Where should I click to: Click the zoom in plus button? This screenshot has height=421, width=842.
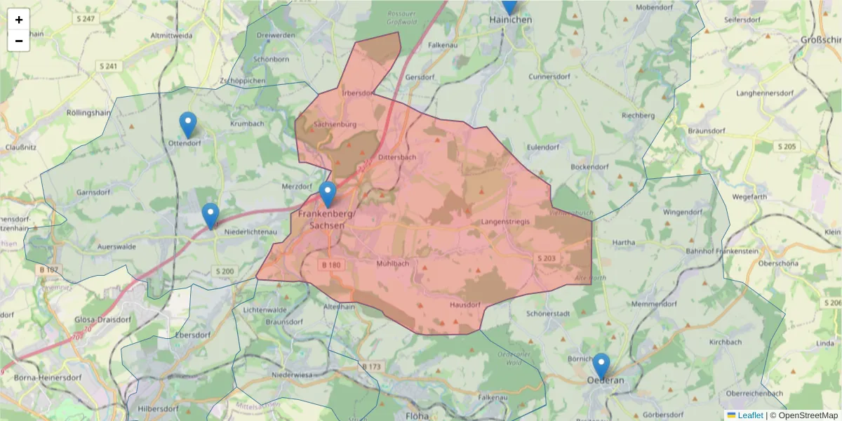19,20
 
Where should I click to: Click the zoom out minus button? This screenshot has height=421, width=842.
19,41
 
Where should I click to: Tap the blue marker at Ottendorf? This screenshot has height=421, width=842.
188,125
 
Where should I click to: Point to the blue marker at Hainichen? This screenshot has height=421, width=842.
509,6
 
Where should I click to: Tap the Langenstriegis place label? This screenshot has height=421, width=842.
505,222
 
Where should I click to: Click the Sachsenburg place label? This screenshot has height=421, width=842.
336,124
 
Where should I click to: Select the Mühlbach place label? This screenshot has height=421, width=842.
392,264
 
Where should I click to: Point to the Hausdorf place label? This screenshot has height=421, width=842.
465,305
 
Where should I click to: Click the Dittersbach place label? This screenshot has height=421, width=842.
397,158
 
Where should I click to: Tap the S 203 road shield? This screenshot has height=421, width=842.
547,259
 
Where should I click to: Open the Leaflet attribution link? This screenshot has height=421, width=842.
749,415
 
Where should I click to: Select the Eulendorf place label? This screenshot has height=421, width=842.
543,147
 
